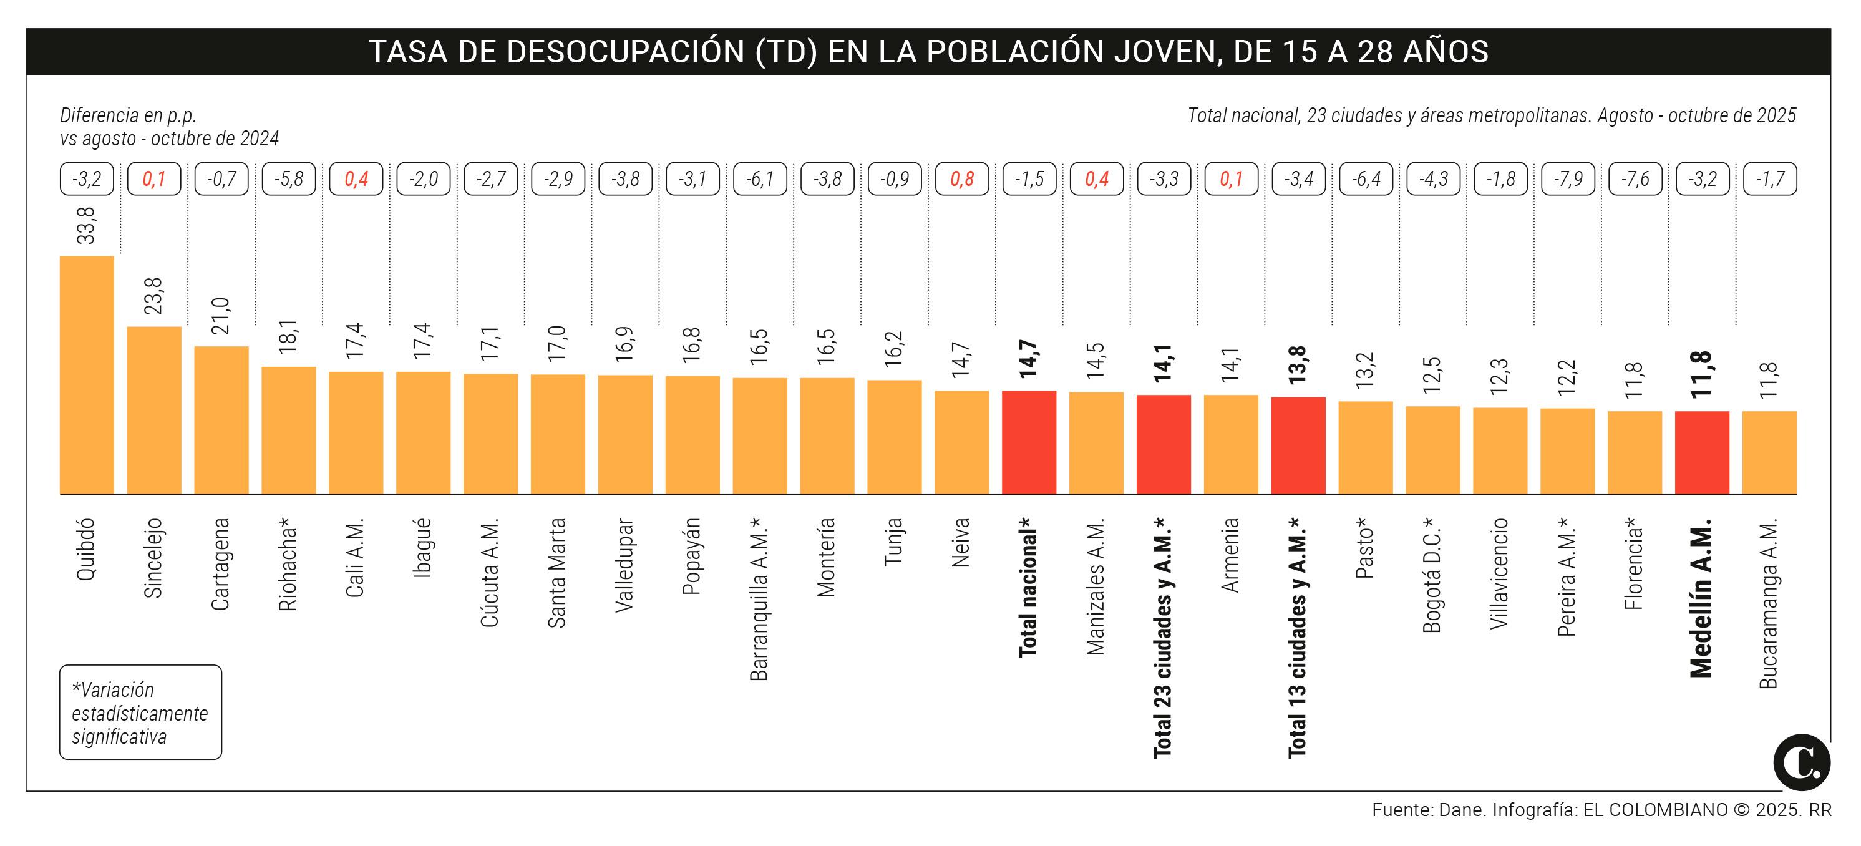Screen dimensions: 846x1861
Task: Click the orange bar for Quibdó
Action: [87, 376]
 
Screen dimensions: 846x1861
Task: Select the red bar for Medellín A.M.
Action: [1702, 453]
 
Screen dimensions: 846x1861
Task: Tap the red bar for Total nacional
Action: [1029, 443]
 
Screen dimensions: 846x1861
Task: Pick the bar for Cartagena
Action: [221, 421]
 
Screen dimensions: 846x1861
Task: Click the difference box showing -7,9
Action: [1568, 179]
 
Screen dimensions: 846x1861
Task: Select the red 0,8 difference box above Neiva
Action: [961, 179]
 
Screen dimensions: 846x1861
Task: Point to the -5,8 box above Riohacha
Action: [288, 179]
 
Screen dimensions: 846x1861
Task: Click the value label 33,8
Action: [86, 226]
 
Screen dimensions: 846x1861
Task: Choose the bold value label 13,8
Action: [1298, 365]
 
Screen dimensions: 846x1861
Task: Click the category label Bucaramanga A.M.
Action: [1769, 603]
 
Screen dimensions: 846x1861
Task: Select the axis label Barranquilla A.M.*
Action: [759, 599]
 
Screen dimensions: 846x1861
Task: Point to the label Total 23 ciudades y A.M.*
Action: [1162, 637]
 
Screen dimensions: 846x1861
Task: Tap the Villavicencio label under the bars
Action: [1500, 573]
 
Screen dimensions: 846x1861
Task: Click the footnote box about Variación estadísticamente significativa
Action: [140, 712]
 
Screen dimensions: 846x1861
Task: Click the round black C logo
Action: [1802, 762]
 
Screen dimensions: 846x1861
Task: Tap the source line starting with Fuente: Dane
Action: [1601, 810]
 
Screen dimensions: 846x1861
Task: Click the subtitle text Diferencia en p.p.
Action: [128, 115]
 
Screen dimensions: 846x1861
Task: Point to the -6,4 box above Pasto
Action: [1366, 179]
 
